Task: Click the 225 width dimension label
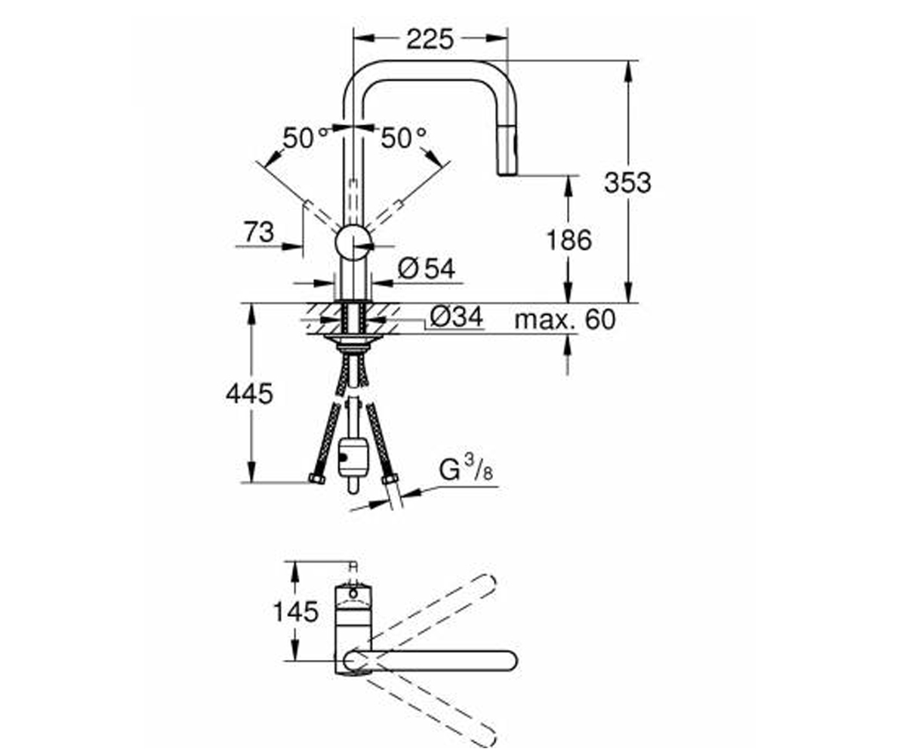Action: click(430, 40)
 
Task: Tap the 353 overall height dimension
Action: click(627, 183)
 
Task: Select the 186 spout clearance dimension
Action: click(569, 240)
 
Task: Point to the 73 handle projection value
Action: click(259, 232)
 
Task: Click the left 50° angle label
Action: click(306, 138)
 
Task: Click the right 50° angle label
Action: click(404, 138)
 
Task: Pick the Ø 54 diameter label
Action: click(427, 269)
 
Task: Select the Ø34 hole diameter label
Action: click(456, 316)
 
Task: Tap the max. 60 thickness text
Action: click(565, 320)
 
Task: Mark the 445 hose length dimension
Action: click(249, 394)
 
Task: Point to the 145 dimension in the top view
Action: click(296, 612)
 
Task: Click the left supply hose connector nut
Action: click(317, 479)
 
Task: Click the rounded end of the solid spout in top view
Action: click(507, 673)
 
